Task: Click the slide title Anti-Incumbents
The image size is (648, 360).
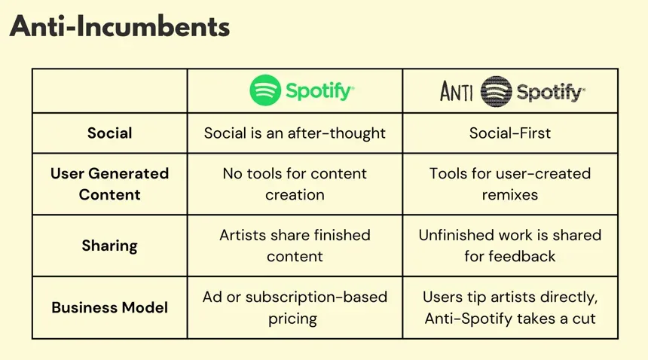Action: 119,28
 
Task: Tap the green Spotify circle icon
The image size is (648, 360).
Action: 264,90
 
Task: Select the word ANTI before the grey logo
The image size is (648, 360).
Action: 457,92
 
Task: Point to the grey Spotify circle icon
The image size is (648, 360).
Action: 496,92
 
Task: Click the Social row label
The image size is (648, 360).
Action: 110,133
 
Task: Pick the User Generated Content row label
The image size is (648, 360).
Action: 110,184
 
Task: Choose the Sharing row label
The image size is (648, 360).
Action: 110,246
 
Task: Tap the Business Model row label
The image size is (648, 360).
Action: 110,307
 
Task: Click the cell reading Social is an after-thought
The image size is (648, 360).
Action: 295,133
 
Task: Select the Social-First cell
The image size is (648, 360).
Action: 510,133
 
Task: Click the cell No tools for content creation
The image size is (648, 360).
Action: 295,184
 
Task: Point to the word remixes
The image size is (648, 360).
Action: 510,194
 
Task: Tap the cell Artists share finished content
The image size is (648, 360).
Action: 295,246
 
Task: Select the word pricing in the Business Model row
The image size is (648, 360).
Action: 295,318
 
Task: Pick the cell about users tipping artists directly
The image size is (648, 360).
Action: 510,307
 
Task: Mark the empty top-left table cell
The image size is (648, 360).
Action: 110,91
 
